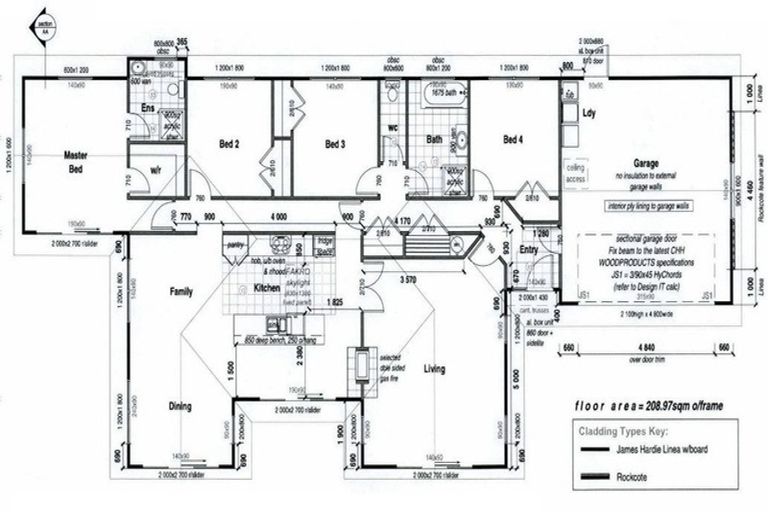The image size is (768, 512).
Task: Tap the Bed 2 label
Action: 229,144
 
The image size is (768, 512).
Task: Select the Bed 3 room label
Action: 335,144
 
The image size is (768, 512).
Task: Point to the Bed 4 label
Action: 513,138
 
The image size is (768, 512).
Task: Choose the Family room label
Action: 181,291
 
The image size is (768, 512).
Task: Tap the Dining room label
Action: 181,406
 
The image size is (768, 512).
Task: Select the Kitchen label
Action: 267,288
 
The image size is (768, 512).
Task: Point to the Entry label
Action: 529,250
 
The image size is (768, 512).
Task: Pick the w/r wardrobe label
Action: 156,171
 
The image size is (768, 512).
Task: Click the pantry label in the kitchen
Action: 237,243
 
